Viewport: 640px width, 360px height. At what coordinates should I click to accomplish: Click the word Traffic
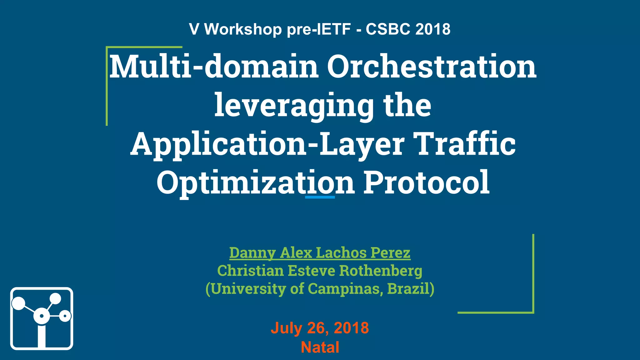[466, 144]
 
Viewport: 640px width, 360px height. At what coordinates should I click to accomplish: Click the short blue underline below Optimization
[320, 197]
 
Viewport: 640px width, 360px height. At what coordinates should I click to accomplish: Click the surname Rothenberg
[381, 271]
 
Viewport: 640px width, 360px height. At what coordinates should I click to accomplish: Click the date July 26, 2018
[320, 328]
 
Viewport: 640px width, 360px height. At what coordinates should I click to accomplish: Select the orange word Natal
[320, 347]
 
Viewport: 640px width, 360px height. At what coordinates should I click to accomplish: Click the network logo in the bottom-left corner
[42, 318]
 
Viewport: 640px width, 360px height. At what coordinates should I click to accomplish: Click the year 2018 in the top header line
[433, 29]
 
